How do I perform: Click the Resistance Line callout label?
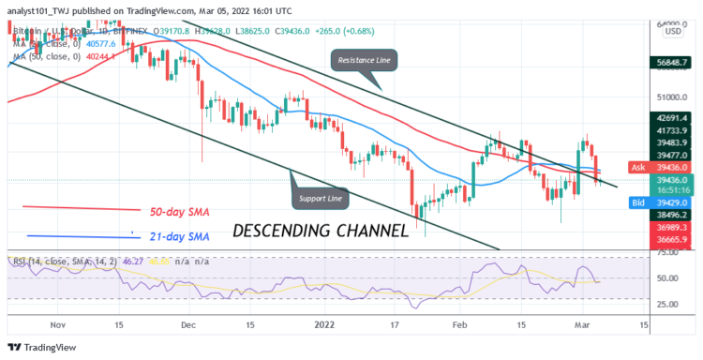364,61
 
